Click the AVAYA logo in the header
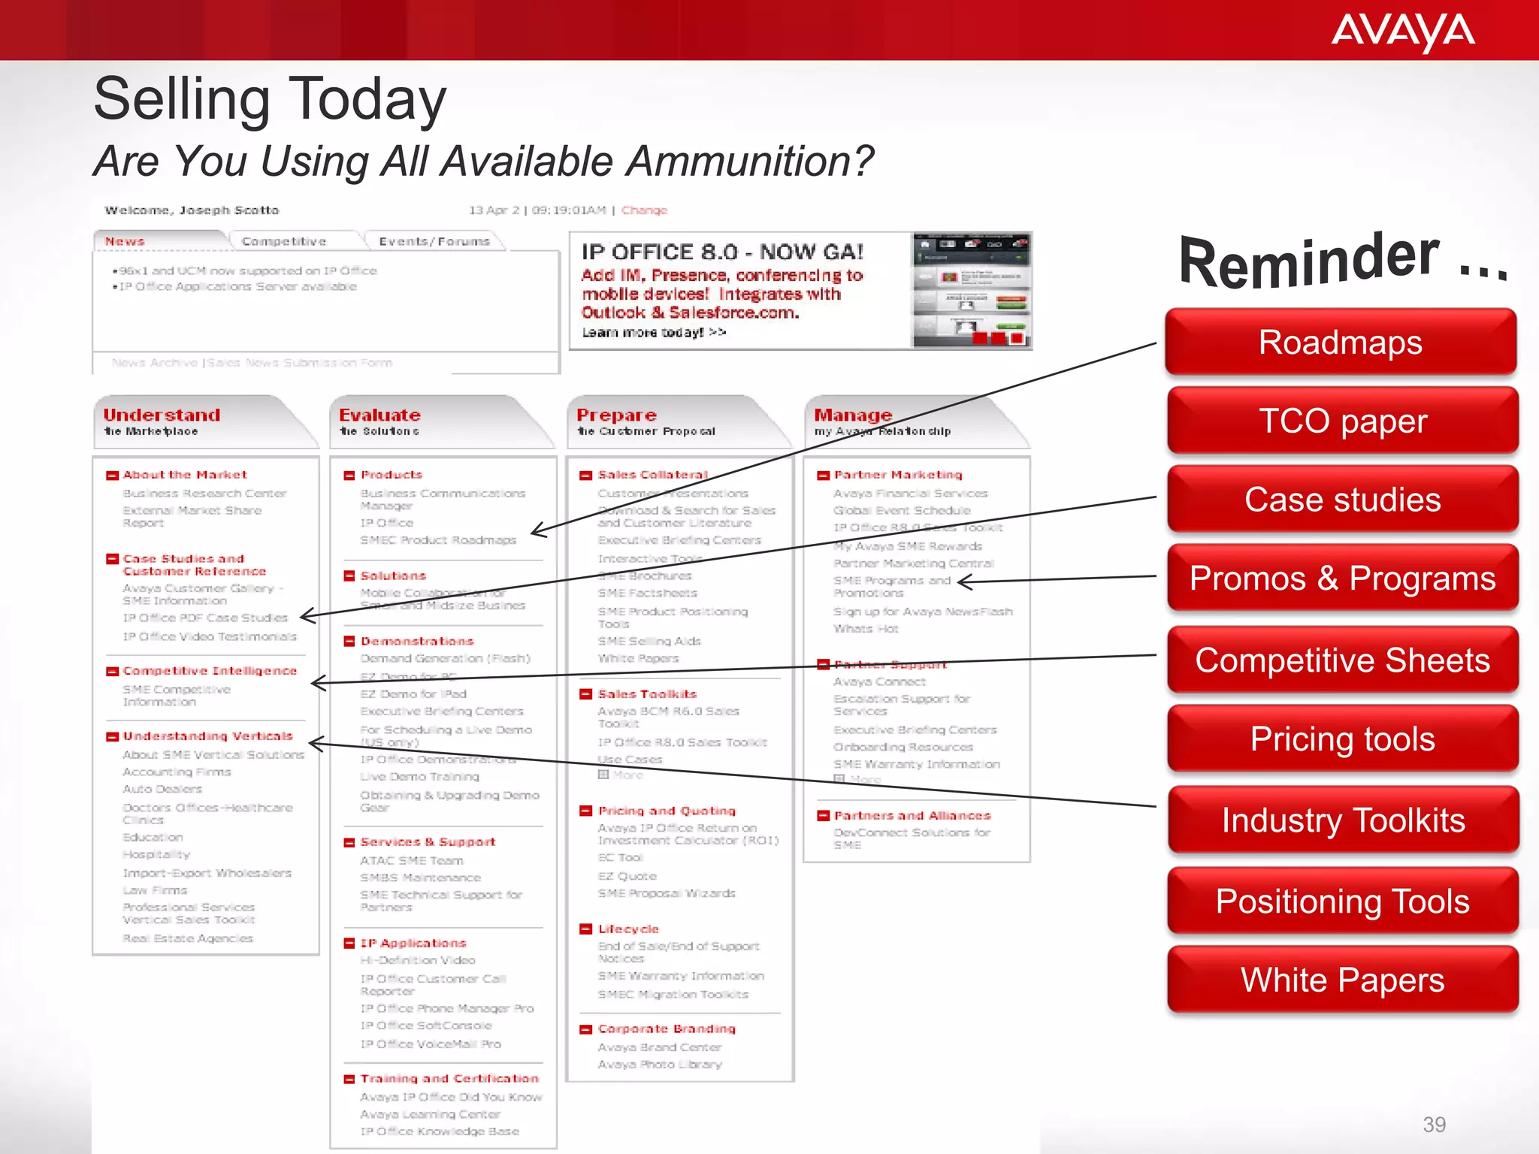tap(1402, 32)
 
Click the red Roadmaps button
tap(1341, 343)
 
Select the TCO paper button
tap(1342, 421)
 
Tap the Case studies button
tap(1342, 500)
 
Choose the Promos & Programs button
tap(1342, 579)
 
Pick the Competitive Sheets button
tap(1342, 660)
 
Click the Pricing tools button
tap(1342, 739)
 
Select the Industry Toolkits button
tap(1342, 820)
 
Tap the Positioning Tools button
tap(1342, 902)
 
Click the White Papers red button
tap(1342, 980)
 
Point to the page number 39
tap(1434, 1125)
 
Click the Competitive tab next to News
tap(284, 241)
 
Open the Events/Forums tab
tap(434, 241)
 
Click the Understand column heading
tap(162, 415)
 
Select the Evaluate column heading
tap(379, 415)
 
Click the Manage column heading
tap(853, 415)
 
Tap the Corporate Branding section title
tap(667, 1029)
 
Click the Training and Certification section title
tap(449, 1078)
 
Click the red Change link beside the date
tap(644, 210)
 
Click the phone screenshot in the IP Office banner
tap(972, 291)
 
